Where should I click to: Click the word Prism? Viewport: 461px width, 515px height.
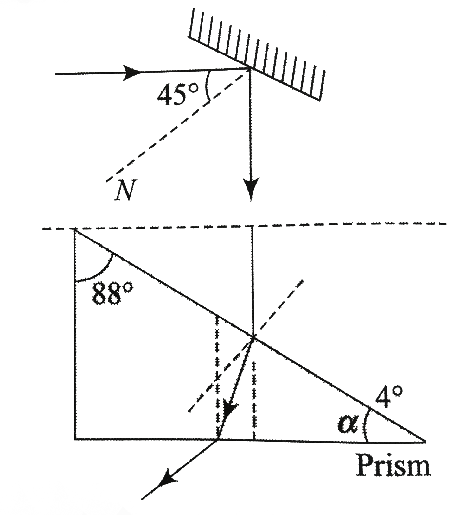click(393, 465)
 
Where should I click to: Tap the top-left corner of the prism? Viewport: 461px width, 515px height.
click(74, 229)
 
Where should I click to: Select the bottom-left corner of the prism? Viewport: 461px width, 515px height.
click(75, 439)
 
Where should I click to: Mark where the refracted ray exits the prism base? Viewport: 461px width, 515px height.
click(218, 439)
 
